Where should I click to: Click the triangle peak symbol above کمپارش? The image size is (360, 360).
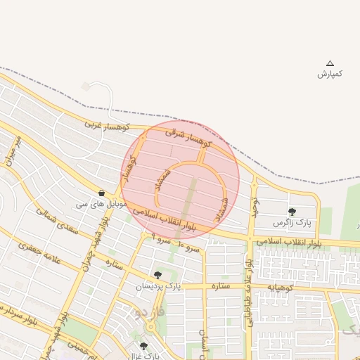coord(330,63)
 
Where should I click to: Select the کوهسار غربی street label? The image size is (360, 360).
coord(108,125)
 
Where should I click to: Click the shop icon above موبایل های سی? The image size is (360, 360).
coord(103,193)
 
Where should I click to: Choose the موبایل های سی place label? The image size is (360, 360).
coord(102,204)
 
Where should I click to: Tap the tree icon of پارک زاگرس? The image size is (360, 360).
coord(292,212)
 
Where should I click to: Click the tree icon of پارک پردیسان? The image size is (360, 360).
coord(157,276)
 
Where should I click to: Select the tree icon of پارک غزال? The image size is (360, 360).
coord(144,346)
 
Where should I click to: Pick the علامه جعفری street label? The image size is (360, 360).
coord(42,252)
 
